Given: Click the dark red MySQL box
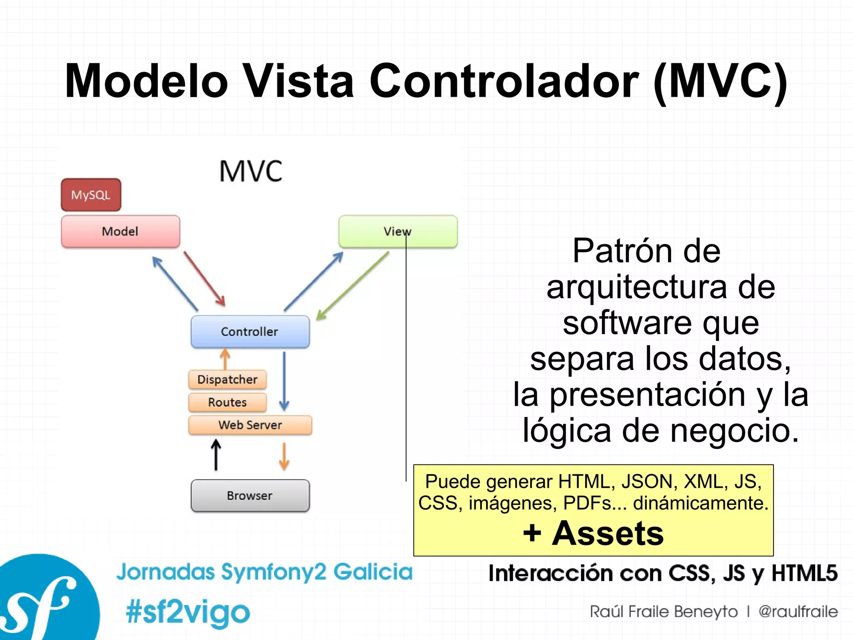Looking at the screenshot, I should [91, 195].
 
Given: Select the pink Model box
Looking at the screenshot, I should [120, 231].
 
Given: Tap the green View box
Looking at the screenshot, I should [398, 231].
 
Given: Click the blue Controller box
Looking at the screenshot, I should [250, 331].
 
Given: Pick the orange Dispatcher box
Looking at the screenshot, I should [227, 379].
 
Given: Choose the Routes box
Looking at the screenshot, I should [227, 402].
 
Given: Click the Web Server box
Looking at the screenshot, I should [250, 425].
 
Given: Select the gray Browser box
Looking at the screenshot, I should [250, 495].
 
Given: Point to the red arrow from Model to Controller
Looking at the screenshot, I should [205, 279].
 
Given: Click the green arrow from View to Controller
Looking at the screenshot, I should [352, 286].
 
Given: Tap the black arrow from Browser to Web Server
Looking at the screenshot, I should [216, 455].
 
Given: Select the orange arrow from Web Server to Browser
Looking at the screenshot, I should [284, 456].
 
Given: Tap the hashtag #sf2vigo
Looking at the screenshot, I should [188, 612].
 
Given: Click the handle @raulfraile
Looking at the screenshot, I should [798, 612].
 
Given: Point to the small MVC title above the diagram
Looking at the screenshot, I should [251, 171].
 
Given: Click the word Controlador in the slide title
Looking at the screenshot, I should [504, 81].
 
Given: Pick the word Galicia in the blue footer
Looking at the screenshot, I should [373, 572].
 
